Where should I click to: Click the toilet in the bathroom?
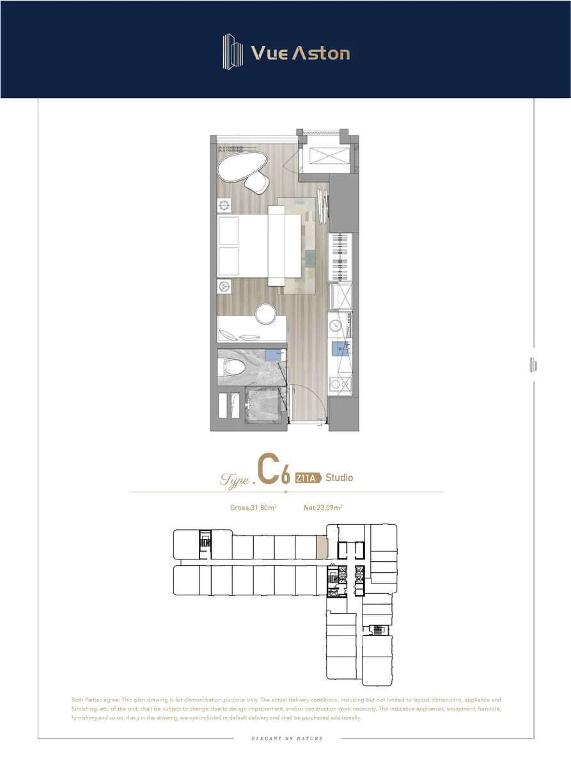click(x=233, y=367)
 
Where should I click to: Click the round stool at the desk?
click(x=265, y=314)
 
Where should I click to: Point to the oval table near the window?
click(x=242, y=166)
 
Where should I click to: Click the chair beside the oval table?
click(x=257, y=182)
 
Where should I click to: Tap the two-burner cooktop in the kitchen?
click(x=340, y=383)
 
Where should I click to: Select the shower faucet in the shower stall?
click(x=249, y=404)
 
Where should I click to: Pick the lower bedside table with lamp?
click(x=224, y=287)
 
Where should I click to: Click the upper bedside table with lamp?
click(x=224, y=205)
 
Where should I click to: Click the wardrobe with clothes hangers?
click(x=340, y=257)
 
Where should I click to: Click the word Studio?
click(x=339, y=478)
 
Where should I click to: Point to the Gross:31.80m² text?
click(x=253, y=508)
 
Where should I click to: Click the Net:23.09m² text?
click(x=323, y=508)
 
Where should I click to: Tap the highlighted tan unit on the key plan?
click(x=322, y=547)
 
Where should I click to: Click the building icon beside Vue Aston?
click(x=233, y=52)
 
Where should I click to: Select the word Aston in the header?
click(x=321, y=53)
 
